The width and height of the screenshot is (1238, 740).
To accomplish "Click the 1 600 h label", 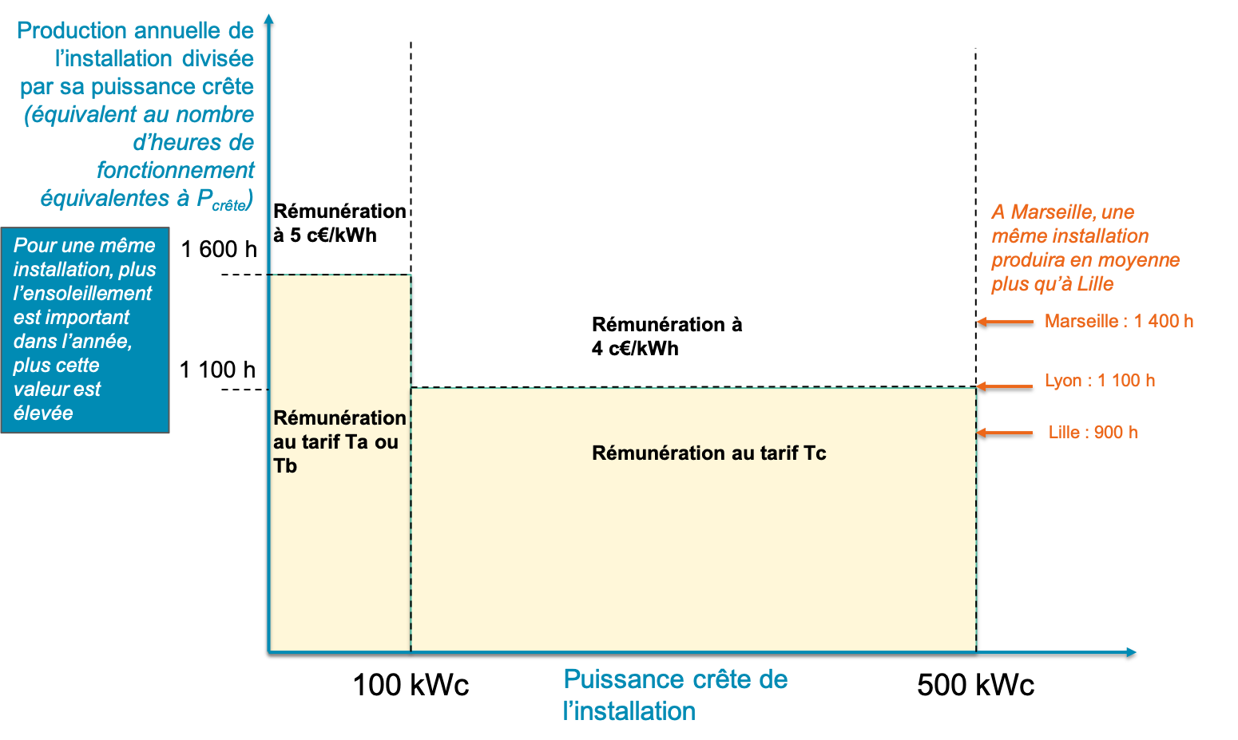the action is (x=219, y=250).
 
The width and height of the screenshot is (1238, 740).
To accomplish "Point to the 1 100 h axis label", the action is (x=218, y=370).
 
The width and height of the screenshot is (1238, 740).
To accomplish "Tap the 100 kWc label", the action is (x=411, y=686).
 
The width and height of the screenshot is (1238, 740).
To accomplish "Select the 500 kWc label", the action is (x=975, y=686).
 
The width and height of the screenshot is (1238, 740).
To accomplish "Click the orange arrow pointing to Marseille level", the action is (x=1005, y=322).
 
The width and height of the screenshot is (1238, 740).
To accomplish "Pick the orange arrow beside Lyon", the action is (x=1005, y=386).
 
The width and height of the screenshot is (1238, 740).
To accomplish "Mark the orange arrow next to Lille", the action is (x=1005, y=433).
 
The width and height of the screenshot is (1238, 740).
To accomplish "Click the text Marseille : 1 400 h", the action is (x=1119, y=322).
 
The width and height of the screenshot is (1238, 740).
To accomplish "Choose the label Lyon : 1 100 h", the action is (x=1100, y=381).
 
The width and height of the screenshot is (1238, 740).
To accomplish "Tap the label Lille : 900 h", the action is (x=1093, y=433).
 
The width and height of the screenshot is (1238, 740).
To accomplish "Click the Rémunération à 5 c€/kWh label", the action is (x=340, y=223).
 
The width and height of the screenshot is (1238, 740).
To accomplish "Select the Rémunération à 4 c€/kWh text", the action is (x=667, y=336).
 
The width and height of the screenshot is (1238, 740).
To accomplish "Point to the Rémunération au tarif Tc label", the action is (x=709, y=453).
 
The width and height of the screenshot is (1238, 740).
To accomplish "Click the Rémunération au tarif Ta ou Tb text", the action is (x=340, y=441).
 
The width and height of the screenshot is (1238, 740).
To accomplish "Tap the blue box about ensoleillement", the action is (x=85, y=330).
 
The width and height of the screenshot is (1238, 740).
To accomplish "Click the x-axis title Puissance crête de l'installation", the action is (x=676, y=695).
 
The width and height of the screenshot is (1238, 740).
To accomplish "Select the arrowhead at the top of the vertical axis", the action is (x=269, y=19).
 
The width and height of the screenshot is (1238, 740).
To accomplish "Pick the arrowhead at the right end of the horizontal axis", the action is (x=1131, y=652).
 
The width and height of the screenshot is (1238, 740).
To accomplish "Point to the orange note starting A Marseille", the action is (x=1085, y=248).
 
